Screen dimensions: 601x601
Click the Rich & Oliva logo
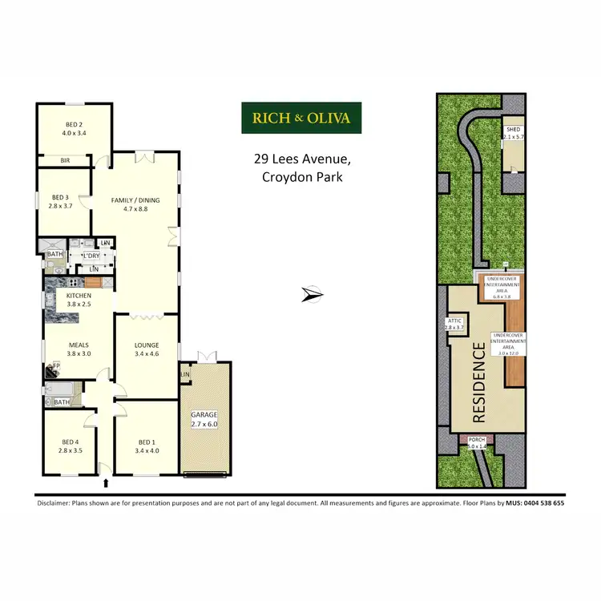pos(301,118)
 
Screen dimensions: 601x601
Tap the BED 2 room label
pos(74,124)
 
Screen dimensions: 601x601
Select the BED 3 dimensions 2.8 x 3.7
pos(62,206)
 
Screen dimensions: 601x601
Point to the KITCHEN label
pos(79,296)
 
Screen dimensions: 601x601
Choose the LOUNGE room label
pos(147,345)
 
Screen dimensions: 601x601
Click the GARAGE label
pos(204,414)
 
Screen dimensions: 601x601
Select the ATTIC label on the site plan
pos(454,321)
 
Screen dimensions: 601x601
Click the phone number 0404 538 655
pos(535,503)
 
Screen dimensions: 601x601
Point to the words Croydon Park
pos(302,177)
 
